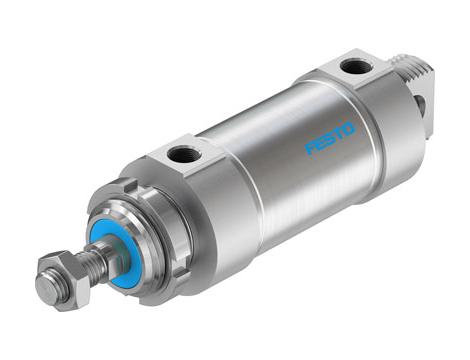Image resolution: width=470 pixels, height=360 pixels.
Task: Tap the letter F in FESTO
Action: (x=310, y=148)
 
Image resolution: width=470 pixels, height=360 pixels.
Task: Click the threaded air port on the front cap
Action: (x=182, y=155)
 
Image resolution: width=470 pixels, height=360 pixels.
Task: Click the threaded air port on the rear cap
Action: (x=351, y=67)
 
